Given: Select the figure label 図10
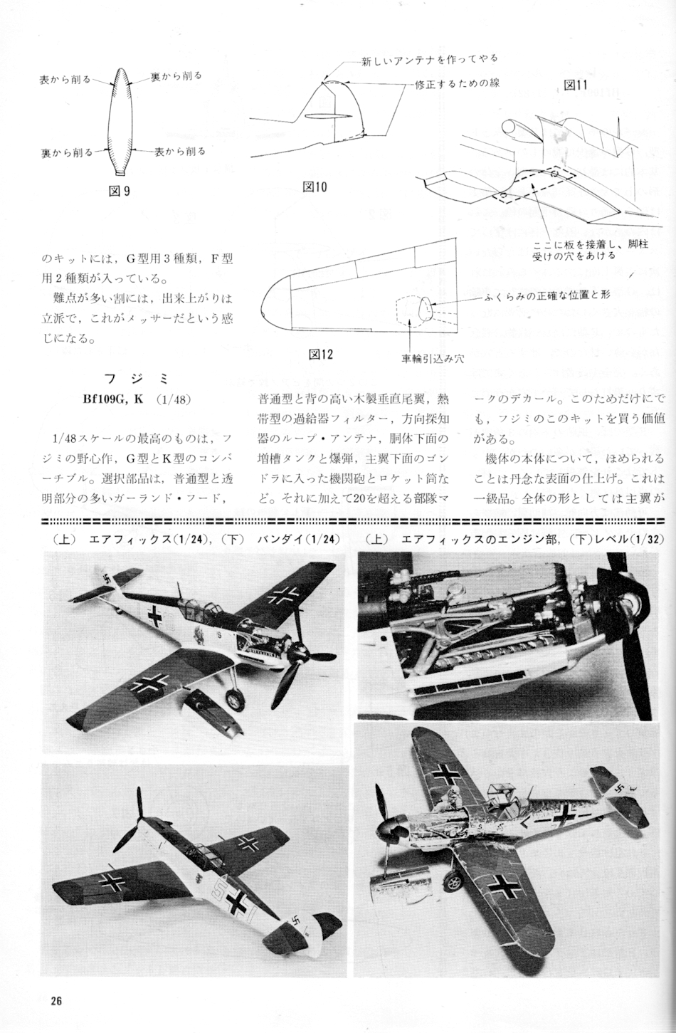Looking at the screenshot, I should pyautogui.click(x=315, y=187).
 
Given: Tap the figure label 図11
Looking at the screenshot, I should pyautogui.click(x=575, y=85).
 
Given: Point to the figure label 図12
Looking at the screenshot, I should pyautogui.click(x=320, y=354).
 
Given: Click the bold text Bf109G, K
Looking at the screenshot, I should pyautogui.click(x=113, y=399).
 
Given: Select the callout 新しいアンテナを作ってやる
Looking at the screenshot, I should pyautogui.click(x=429, y=58).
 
